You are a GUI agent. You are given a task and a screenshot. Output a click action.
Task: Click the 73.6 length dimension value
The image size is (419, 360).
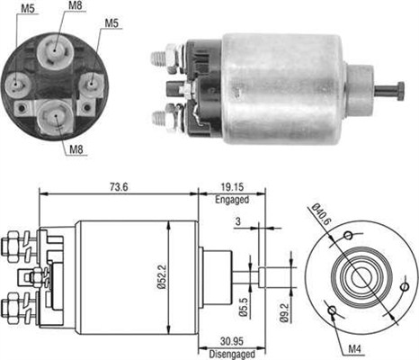(x=119, y=187)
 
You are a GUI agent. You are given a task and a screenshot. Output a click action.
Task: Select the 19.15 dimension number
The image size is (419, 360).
(x=232, y=187)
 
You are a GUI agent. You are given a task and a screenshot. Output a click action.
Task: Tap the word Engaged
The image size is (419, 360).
(x=232, y=200)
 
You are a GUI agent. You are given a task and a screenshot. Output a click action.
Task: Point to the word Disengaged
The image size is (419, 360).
(x=232, y=354)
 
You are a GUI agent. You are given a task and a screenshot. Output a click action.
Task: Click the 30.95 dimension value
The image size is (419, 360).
(x=232, y=341)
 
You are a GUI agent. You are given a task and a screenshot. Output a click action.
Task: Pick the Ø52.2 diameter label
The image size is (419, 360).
(x=162, y=276)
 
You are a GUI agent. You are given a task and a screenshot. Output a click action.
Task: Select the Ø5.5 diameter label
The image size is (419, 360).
(x=243, y=307)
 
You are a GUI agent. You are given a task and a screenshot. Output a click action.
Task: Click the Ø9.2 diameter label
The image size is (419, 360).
(x=284, y=312)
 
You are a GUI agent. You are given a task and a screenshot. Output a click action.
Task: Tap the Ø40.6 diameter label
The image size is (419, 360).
(x=321, y=214)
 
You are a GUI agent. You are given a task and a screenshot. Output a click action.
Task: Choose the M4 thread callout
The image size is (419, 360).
(x=354, y=349)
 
